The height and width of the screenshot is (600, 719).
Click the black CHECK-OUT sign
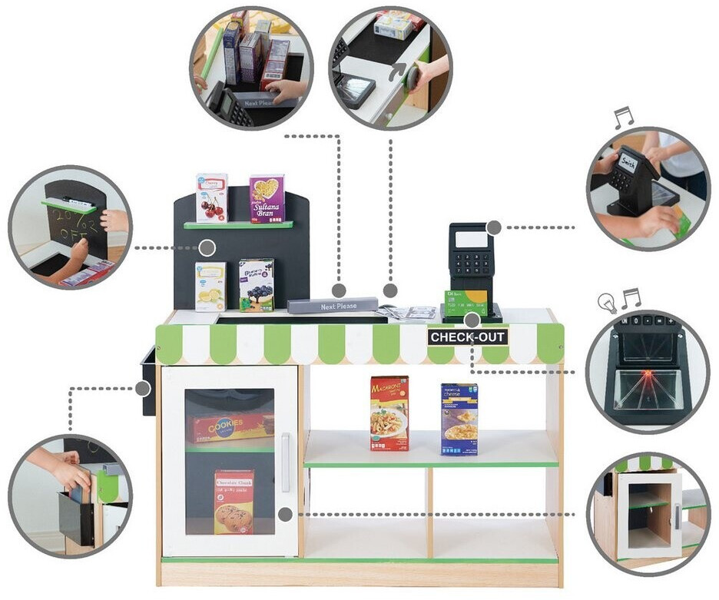click(468, 336)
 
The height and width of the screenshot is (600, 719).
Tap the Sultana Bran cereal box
click(267, 198)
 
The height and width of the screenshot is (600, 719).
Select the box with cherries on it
click(211, 197)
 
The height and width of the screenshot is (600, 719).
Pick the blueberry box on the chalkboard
click(257, 285)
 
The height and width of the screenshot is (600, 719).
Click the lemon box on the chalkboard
click(210, 287)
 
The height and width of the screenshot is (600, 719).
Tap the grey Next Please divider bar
click(332, 306)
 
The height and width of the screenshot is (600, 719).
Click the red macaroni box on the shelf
click(389, 413)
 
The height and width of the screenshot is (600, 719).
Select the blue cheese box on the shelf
click(459, 419)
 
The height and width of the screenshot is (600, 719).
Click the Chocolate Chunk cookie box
click(234, 502)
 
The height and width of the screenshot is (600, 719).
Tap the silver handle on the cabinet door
click(286, 462)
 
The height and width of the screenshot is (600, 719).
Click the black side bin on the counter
click(148, 381)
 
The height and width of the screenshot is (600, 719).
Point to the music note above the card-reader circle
click(623, 118)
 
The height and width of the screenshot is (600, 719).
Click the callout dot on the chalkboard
click(207, 247)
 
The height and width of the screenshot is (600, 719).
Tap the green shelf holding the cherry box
click(238, 225)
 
